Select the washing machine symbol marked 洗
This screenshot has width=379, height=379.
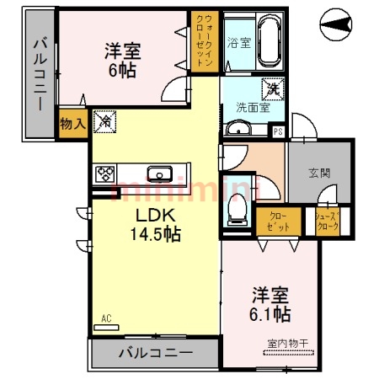tap(274, 86)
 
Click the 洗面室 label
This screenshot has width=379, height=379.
tap(251, 108)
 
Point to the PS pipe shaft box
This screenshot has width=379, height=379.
tap(279, 131)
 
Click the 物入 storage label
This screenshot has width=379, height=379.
tap(72, 124)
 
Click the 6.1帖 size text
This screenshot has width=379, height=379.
tap(270, 314)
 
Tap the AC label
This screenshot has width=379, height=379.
tap(106, 318)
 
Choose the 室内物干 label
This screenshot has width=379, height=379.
tap(286, 343)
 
